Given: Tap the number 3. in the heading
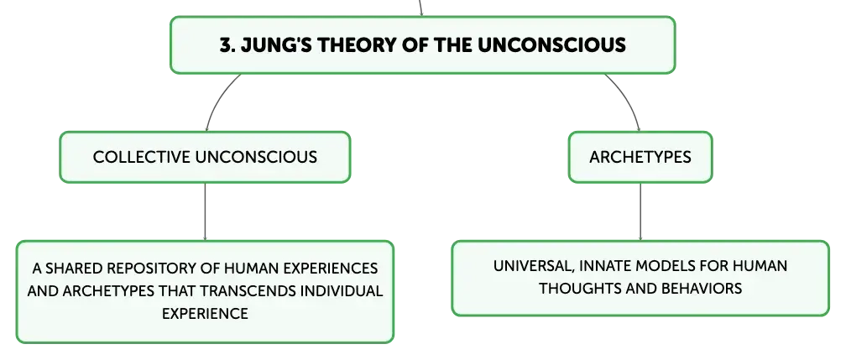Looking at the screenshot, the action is [226, 44].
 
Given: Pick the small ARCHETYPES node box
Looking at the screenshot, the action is [640, 157].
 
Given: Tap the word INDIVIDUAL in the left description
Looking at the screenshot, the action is [342, 291].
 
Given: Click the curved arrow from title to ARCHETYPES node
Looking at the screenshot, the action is [628, 97].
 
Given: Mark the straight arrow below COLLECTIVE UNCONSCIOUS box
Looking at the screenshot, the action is [205, 211].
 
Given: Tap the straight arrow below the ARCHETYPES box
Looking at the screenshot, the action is [640, 211].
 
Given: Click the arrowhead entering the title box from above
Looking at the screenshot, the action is [421, 13].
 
